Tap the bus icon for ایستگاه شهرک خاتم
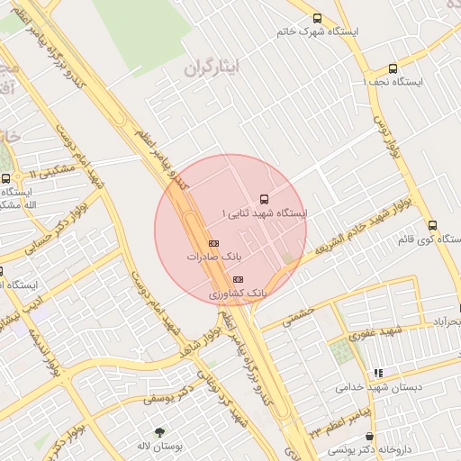(x=317, y=18)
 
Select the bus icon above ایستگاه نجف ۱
(x=393, y=68)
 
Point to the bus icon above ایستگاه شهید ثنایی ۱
(x=263, y=198)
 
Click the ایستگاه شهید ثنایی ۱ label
(x=264, y=213)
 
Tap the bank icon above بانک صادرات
(x=213, y=243)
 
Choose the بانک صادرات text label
(x=210, y=257)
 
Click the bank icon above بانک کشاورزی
(x=237, y=279)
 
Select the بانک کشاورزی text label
(x=238, y=294)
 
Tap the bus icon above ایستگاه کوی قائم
(x=432, y=225)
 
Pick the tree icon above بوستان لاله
(x=160, y=432)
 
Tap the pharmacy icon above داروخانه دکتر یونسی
(x=370, y=435)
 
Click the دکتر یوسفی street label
(x=175, y=394)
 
